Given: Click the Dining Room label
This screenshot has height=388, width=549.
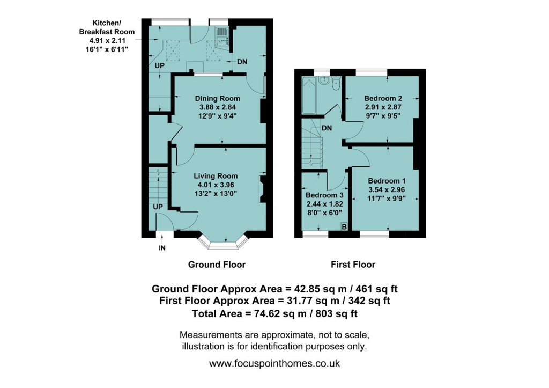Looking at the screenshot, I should click(x=217, y=99).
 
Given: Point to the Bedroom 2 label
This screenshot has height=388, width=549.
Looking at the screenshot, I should click(x=383, y=98).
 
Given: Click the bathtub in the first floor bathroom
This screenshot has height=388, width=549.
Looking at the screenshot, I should click(x=309, y=96).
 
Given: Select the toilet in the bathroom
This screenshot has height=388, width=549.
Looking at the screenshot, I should click(x=336, y=84).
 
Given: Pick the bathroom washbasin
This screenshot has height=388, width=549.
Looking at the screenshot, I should click(x=323, y=80).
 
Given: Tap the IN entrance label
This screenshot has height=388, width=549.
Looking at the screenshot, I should click(x=161, y=248).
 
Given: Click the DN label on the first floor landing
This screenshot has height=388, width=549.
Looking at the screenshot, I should click(x=327, y=128).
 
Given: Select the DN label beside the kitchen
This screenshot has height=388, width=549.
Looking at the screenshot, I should click(x=242, y=62).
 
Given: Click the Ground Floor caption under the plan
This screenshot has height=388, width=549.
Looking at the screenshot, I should click(x=217, y=265).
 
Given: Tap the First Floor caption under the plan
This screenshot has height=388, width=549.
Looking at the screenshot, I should click(x=353, y=265).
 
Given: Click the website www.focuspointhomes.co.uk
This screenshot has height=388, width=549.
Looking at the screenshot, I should click(x=274, y=363).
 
